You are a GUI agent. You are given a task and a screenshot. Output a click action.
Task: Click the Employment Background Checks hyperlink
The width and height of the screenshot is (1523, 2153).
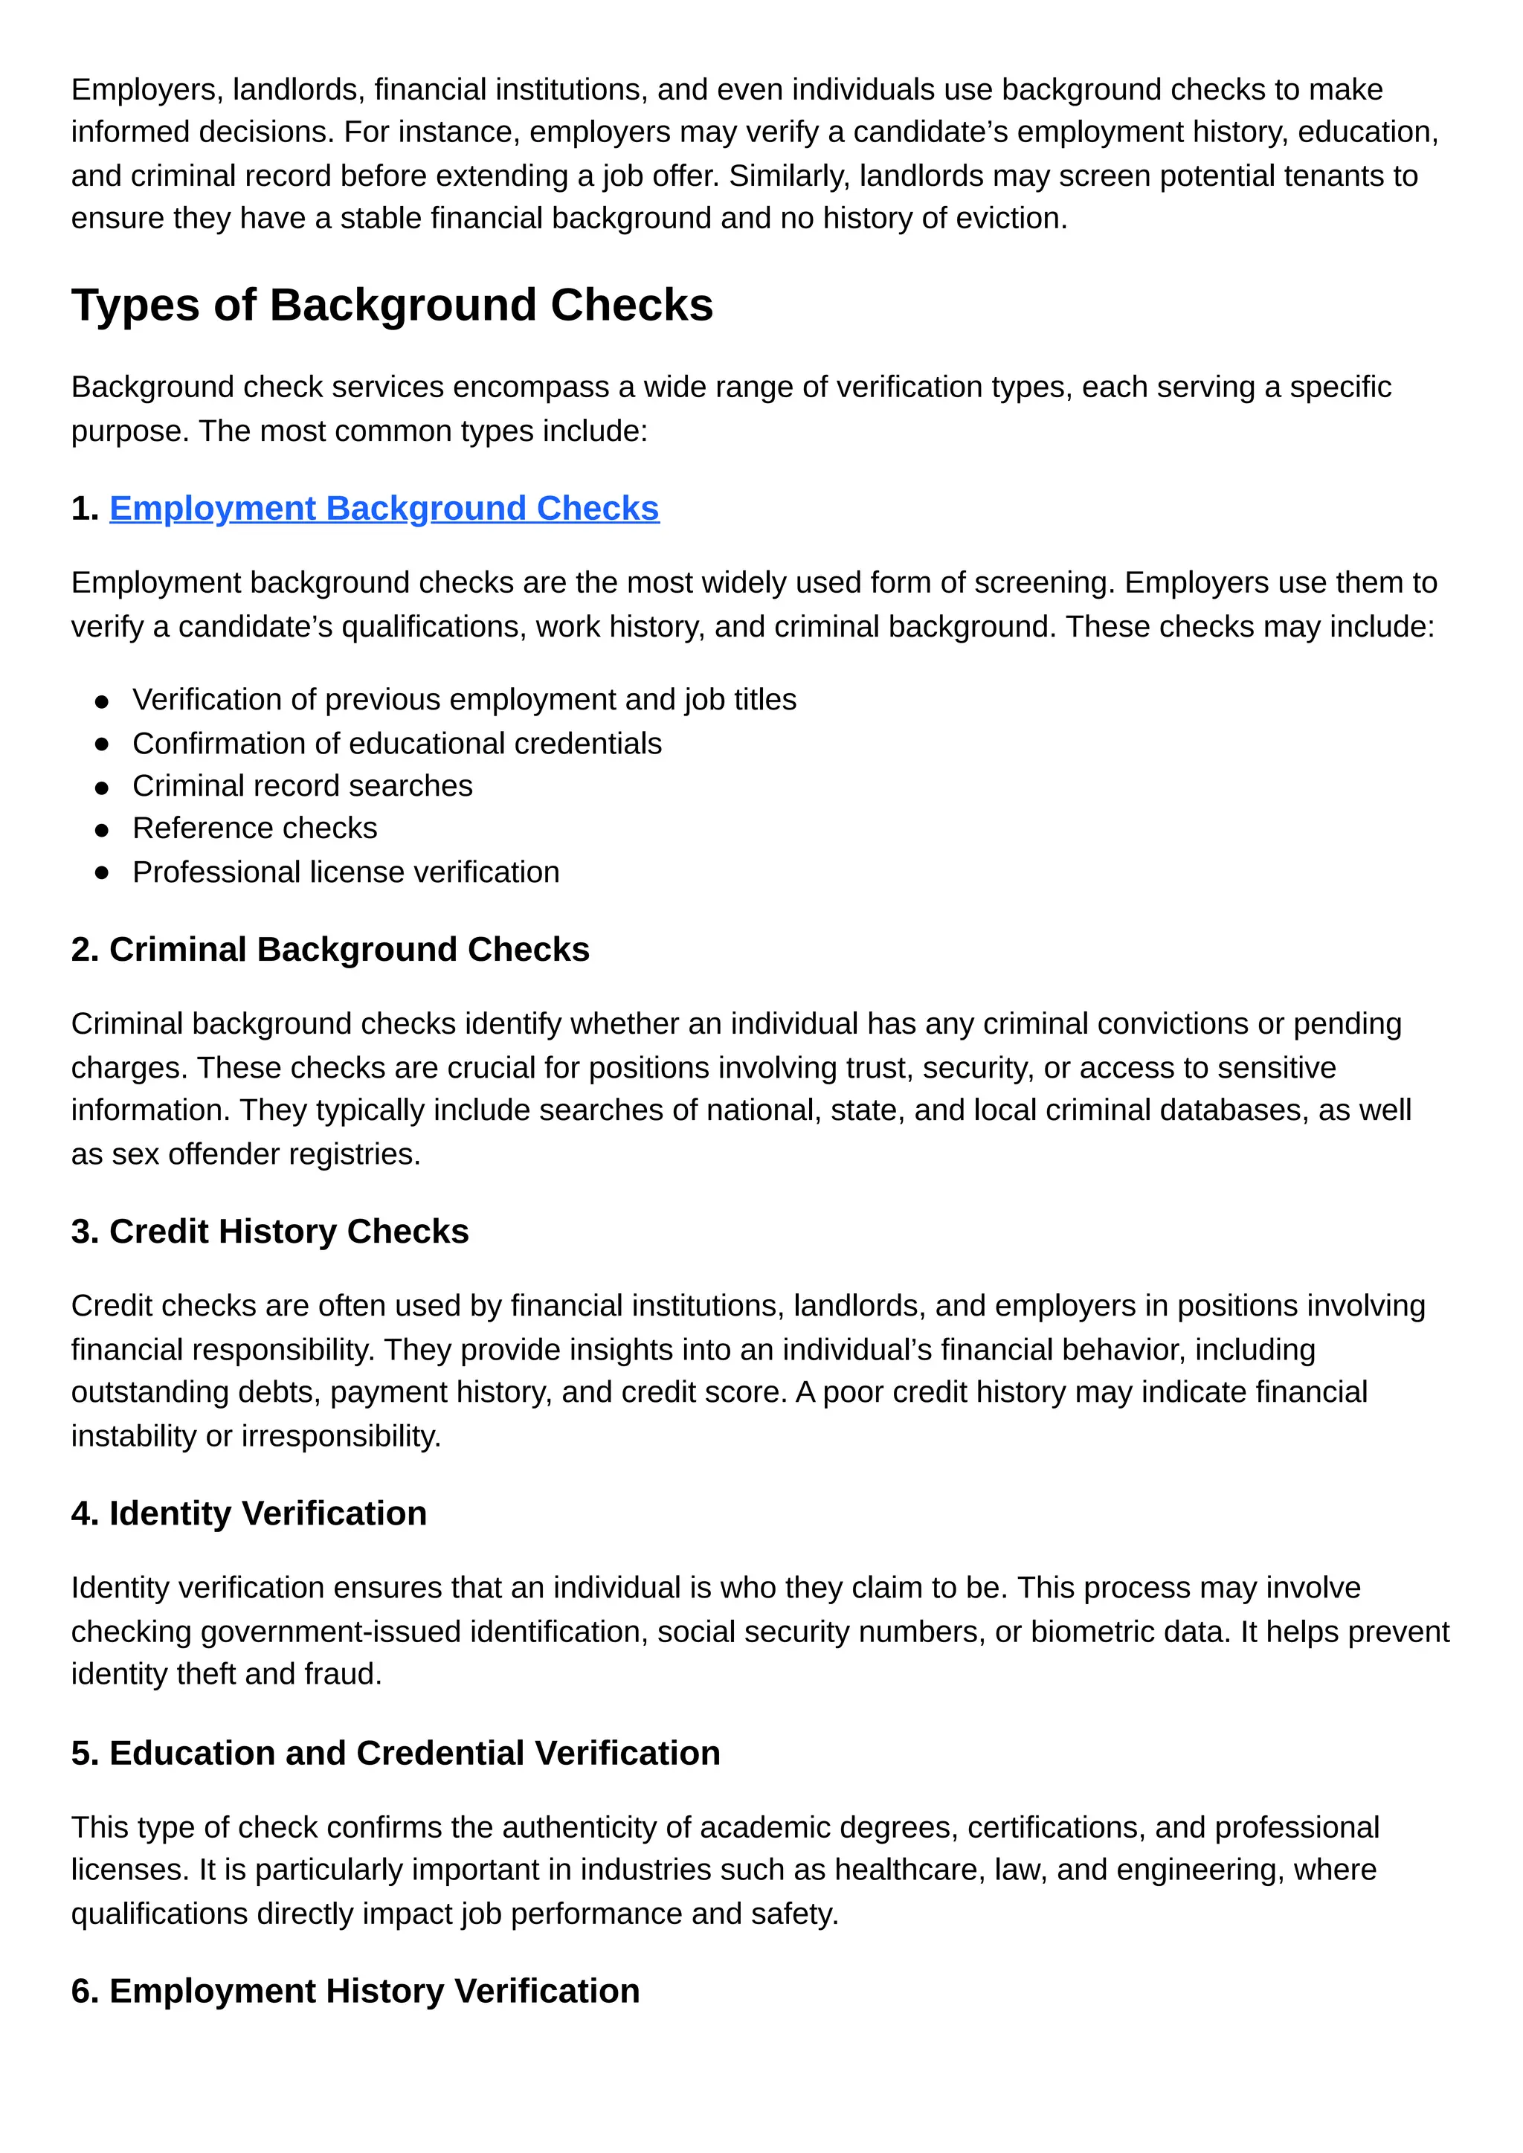(384, 508)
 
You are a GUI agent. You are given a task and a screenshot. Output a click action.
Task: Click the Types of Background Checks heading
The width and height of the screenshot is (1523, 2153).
(392, 306)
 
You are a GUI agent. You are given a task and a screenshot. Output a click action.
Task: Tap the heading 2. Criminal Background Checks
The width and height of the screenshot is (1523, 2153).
(330, 950)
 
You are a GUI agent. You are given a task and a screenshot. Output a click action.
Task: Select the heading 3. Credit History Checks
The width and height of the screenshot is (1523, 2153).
(270, 1232)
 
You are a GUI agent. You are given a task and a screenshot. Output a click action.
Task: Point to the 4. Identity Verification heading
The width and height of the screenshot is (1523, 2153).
(248, 1513)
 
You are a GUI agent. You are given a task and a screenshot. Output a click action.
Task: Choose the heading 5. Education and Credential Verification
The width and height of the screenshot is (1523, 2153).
(396, 1753)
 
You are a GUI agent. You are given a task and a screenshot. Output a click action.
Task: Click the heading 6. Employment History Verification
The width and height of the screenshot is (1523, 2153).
(355, 1991)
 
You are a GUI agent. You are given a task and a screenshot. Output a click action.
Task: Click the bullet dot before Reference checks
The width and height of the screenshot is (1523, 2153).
(102, 830)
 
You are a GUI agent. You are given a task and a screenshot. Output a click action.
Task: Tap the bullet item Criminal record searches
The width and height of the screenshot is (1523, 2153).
(302, 786)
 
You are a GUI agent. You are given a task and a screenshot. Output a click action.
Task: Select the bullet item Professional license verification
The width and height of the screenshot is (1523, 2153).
(345, 872)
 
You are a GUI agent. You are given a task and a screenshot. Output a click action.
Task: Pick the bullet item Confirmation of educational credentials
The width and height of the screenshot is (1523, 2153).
(396, 744)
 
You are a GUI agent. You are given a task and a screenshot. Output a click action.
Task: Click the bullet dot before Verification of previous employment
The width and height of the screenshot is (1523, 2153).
(102, 701)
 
